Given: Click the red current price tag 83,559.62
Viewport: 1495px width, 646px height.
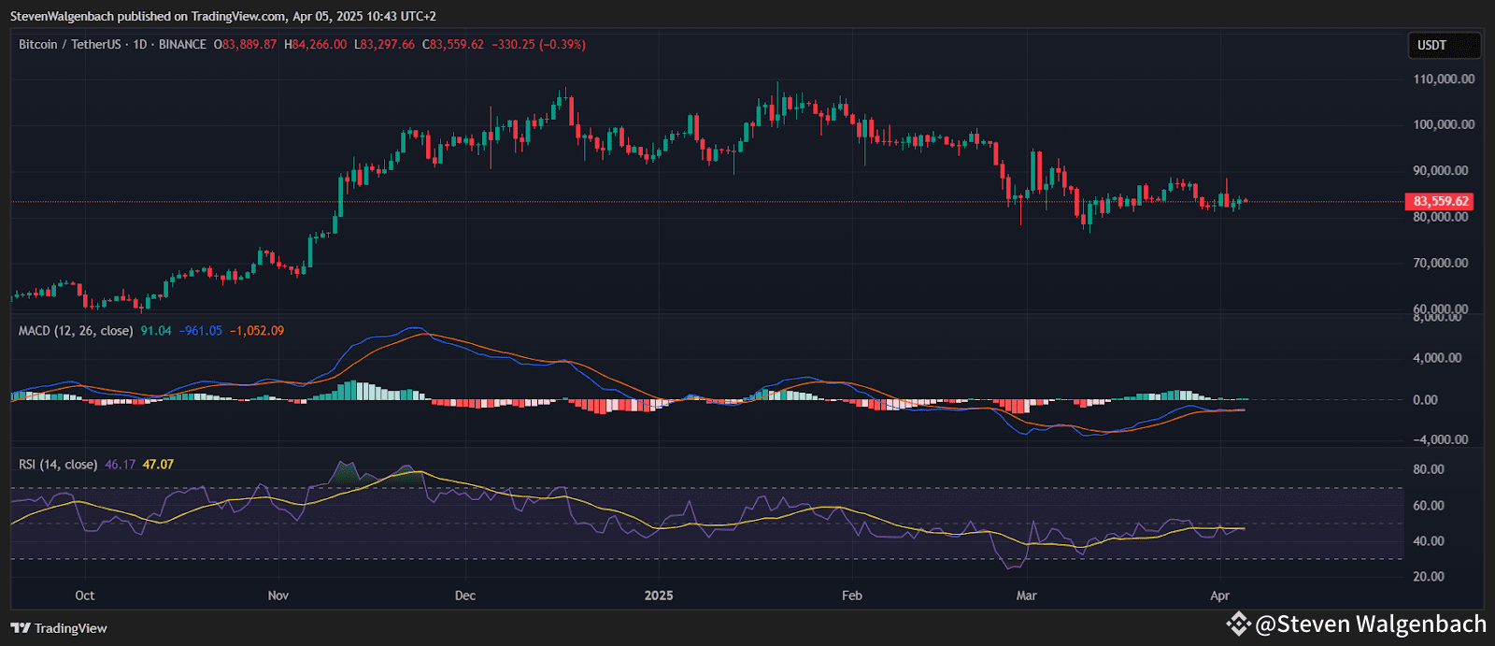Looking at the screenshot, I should [x=1439, y=201].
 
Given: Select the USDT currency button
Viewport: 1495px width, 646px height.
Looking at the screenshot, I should [x=1431, y=45].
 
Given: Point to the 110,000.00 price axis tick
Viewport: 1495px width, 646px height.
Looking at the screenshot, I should [x=1444, y=79].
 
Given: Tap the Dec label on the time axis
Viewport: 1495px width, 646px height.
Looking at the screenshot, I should [x=464, y=596].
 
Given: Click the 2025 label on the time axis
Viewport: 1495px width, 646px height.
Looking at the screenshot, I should [x=659, y=596].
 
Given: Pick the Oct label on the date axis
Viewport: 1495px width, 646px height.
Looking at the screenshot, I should [x=85, y=596].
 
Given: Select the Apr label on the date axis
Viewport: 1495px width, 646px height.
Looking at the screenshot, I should [x=1219, y=596].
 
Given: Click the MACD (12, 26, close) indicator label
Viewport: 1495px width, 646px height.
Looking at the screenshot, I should [x=76, y=331].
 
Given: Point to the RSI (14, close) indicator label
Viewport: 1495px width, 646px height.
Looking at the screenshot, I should [x=58, y=465].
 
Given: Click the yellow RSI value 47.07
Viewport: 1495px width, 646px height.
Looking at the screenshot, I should [x=158, y=465].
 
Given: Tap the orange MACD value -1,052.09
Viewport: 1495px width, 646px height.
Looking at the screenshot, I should [x=257, y=331].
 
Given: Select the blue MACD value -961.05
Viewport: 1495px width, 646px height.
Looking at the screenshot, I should [x=201, y=331].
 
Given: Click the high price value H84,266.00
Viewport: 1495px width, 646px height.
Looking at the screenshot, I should [x=316, y=45].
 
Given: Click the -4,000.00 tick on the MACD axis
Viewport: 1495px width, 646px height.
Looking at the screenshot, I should [x=1440, y=439].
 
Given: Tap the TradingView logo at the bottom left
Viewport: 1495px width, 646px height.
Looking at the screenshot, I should [x=59, y=628].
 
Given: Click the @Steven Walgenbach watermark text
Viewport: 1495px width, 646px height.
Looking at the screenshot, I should [x=1370, y=624].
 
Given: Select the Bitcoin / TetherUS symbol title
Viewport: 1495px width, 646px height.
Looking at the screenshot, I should [x=70, y=45].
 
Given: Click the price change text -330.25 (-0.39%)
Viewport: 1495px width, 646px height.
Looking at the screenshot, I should [x=538, y=45].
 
